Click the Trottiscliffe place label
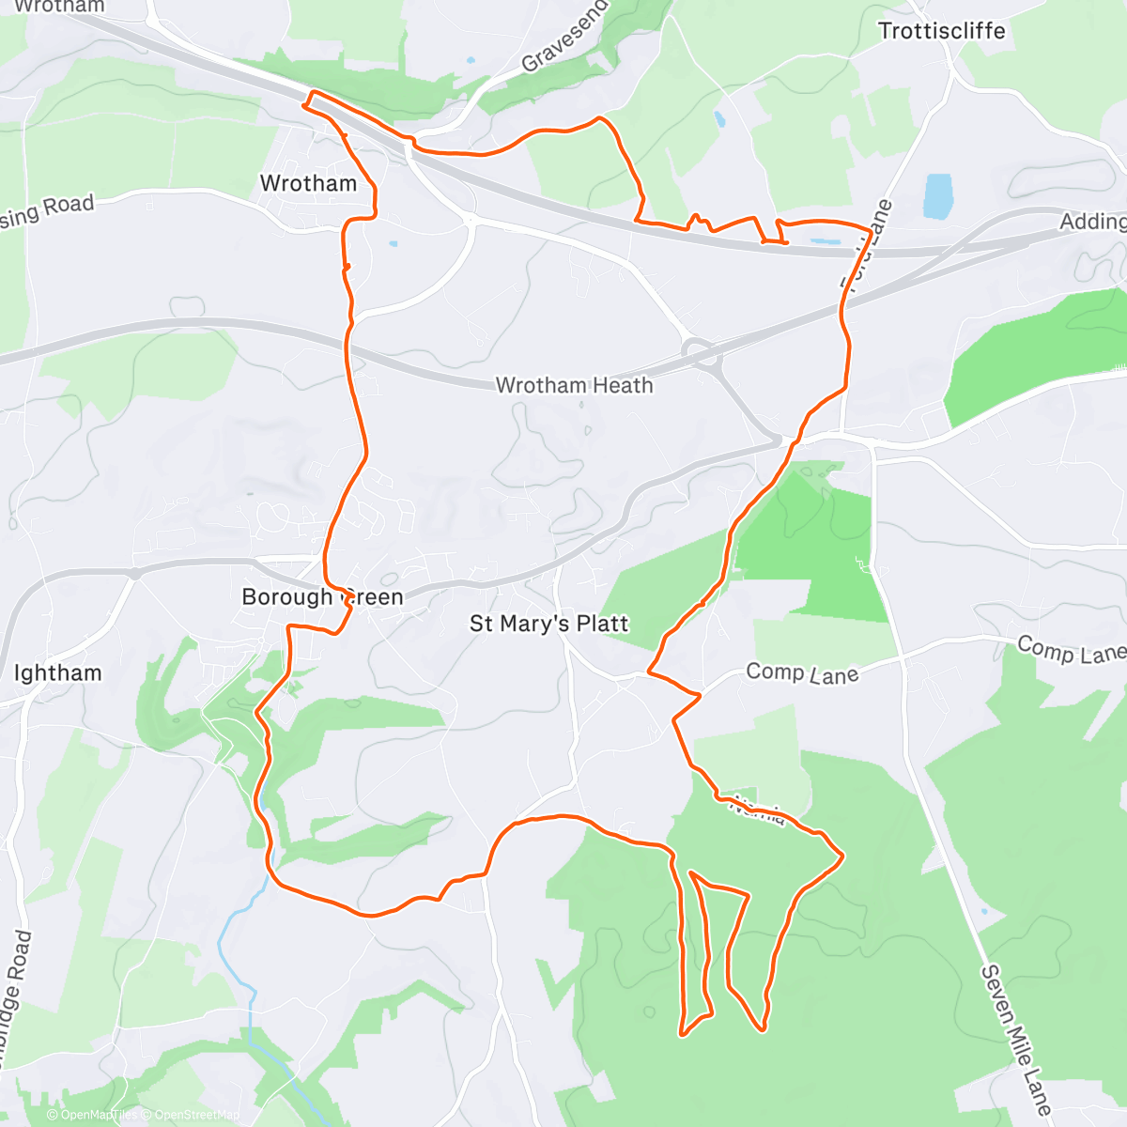(941, 31)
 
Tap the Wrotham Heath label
(574, 385)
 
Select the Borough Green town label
(322, 597)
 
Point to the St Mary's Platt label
(548, 624)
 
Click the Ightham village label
(57, 672)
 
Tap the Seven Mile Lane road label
(1016, 1037)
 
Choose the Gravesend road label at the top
(564, 38)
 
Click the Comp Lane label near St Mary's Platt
(801, 673)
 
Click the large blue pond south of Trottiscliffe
(937, 195)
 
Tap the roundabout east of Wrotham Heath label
(700, 353)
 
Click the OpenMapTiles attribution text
(94, 1115)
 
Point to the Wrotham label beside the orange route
(308, 183)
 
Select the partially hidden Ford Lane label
(866, 245)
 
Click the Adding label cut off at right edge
(1092, 222)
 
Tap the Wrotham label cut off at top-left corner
(58, 7)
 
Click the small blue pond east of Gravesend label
(718, 119)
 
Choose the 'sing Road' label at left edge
(47, 210)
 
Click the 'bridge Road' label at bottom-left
(13, 996)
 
